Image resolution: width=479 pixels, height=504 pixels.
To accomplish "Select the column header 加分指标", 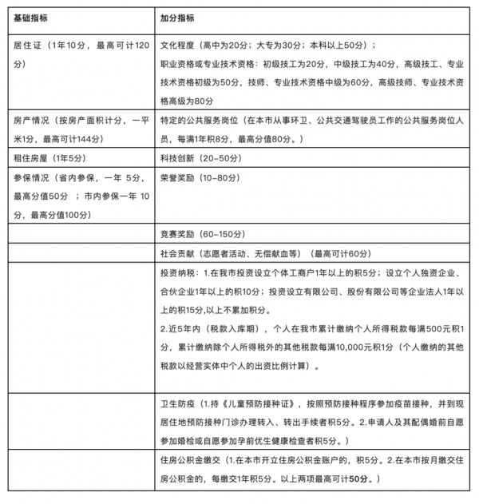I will [x=177, y=18].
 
